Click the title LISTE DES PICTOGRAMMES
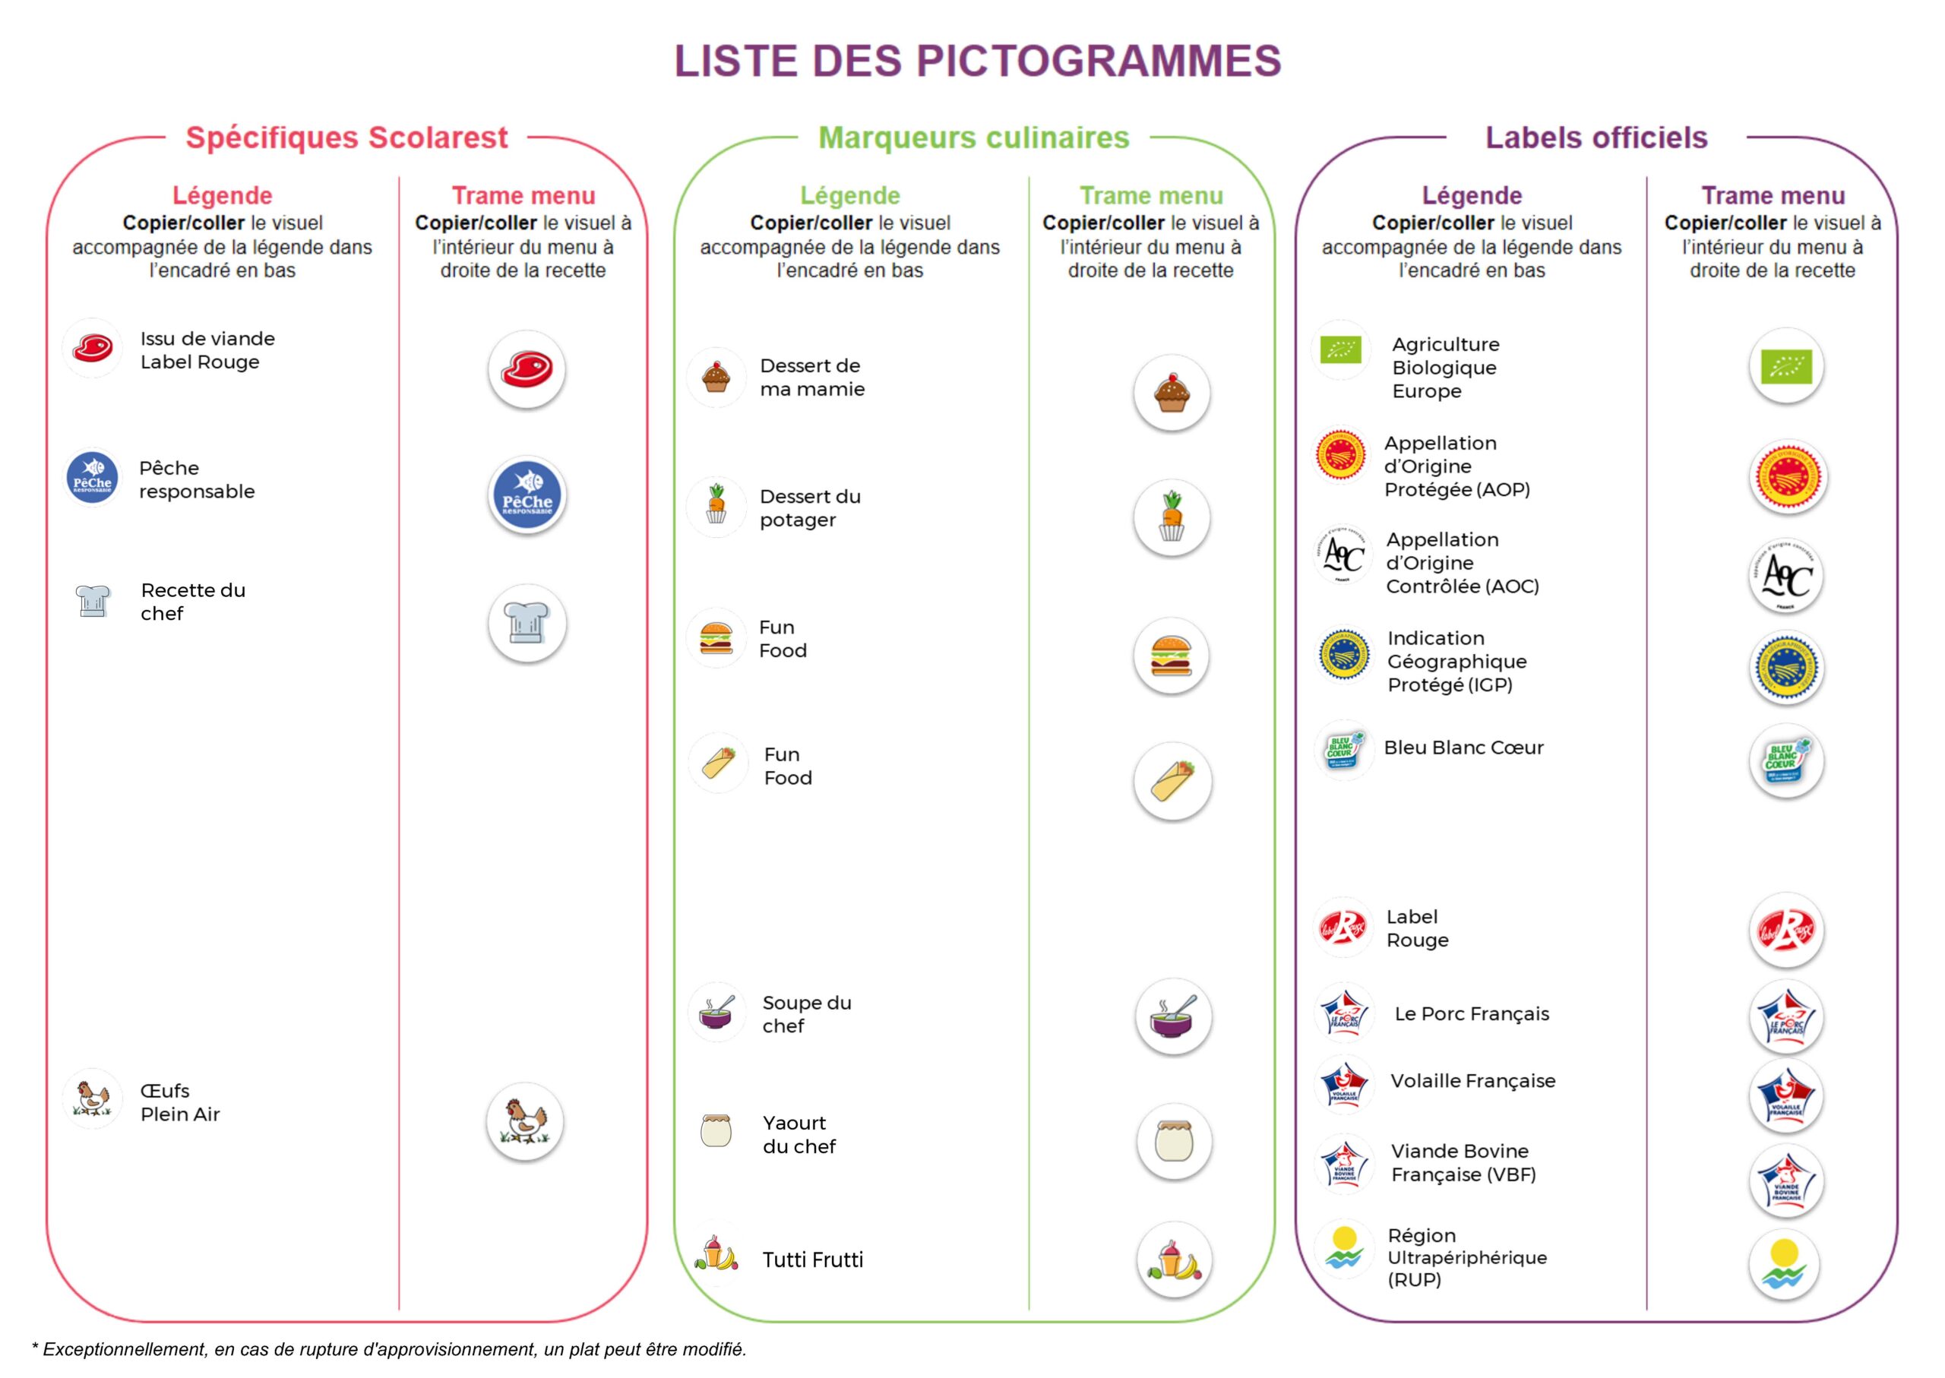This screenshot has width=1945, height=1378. pyautogui.click(x=978, y=61)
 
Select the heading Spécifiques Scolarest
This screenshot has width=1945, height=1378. pyautogui.click(x=346, y=137)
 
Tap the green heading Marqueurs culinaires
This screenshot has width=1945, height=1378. pyautogui.click(x=973, y=137)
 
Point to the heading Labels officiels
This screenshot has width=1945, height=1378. pyautogui.click(x=1596, y=137)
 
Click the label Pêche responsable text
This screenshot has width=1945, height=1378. pyautogui.click(x=197, y=479)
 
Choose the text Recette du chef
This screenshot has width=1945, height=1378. pyautogui.click(x=193, y=602)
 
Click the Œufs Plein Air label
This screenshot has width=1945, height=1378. pyautogui.click(x=180, y=1102)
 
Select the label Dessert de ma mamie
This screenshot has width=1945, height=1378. pyautogui.click(x=812, y=378)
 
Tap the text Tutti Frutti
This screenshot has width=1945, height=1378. pyautogui.click(x=812, y=1259)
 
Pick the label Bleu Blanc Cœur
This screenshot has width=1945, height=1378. pyautogui.click(x=1463, y=747)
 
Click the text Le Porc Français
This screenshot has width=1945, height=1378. pyautogui.click(x=1472, y=1014)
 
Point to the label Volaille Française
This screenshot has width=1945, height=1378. pyautogui.click(x=1472, y=1081)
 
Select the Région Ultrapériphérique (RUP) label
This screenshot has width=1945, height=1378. pyautogui.click(x=1467, y=1257)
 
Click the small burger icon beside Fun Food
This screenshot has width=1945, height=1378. pyautogui.click(x=716, y=638)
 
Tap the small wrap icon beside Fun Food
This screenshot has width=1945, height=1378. pyautogui.click(x=719, y=763)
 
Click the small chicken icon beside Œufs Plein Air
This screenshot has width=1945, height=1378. pyautogui.click(x=92, y=1098)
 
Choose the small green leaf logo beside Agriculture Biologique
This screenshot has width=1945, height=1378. pyautogui.click(x=1341, y=349)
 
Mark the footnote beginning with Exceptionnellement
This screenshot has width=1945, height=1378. pyautogui.click(x=389, y=1349)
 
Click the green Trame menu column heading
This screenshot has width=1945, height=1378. pyautogui.click(x=1151, y=196)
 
